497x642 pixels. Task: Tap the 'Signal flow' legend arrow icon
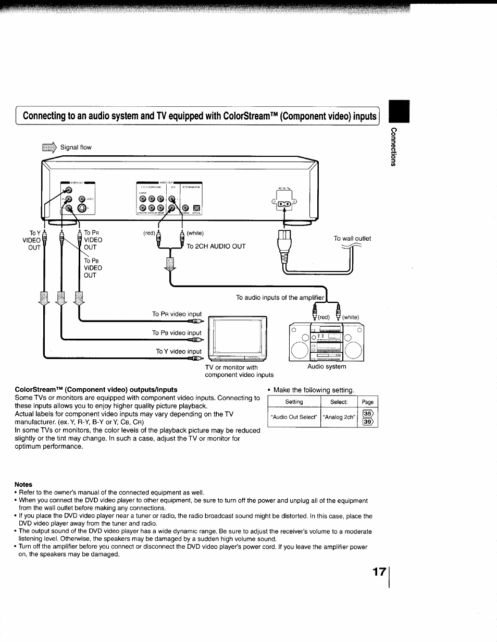coord(52,147)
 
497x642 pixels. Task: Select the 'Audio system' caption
coord(327,366)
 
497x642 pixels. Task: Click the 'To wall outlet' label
coord(352,239)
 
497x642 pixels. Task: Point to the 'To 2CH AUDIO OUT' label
coord(216,246)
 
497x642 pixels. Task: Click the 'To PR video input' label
coord(177,314)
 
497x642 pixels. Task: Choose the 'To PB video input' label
coord(177,332)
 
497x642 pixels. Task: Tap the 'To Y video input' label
coord(179,352)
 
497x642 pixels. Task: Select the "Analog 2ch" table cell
coord(339,417)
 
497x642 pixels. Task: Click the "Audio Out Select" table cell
coord(294,417)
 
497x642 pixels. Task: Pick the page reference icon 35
coord(368,414)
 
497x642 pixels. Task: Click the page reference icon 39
coord(368,422)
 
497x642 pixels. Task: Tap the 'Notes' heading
coord(23,484)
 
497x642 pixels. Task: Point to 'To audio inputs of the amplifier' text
coord(280,298)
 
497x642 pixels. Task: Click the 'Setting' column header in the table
coord(294,402)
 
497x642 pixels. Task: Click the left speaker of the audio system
coord(300,350)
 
